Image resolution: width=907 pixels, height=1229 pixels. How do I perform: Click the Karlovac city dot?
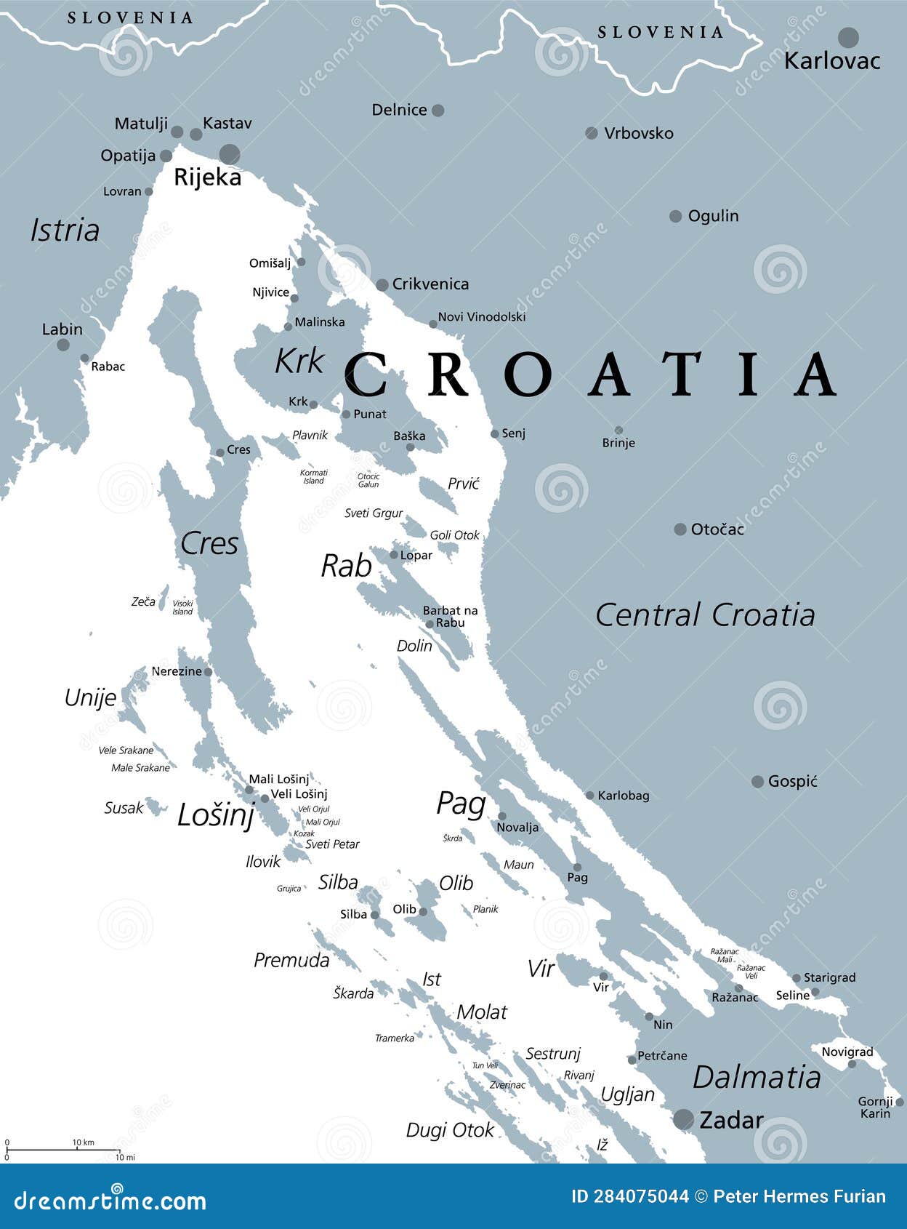pos(848,37)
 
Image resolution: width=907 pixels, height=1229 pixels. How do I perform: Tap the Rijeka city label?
pos(207,177)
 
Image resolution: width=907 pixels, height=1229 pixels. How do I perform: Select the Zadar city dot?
pos(683,1119)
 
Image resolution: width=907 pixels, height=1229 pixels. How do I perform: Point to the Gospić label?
pos(792,781)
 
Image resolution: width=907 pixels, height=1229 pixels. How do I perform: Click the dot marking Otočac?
pos(680,529)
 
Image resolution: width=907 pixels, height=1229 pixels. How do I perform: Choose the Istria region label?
pos(65,231)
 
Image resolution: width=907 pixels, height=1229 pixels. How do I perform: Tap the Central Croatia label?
pos(705,615)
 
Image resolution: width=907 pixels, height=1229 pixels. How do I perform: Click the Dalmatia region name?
pos(757,1077)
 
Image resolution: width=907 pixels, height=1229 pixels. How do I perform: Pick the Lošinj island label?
pos(216,815)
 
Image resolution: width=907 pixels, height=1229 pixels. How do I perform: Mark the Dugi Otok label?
pos(450,1130)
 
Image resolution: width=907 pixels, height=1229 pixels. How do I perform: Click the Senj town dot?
pos(495,433)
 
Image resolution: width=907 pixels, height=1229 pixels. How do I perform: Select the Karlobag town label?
pos(623,796)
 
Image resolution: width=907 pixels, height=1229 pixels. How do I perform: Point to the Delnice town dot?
pos(438,111)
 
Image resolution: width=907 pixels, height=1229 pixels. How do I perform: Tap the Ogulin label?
pos(713,216)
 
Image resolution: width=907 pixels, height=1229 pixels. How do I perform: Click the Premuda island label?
pos(291,961)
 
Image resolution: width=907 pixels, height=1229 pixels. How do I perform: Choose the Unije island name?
pos(90,698)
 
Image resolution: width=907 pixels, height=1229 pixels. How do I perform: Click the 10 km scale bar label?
pos(83,1142)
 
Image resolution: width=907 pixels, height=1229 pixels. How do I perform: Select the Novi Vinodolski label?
pos(482,317)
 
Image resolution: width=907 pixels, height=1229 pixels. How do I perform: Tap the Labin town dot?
pos(63,344)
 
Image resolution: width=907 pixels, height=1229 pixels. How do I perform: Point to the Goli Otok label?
pos(455,535)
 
